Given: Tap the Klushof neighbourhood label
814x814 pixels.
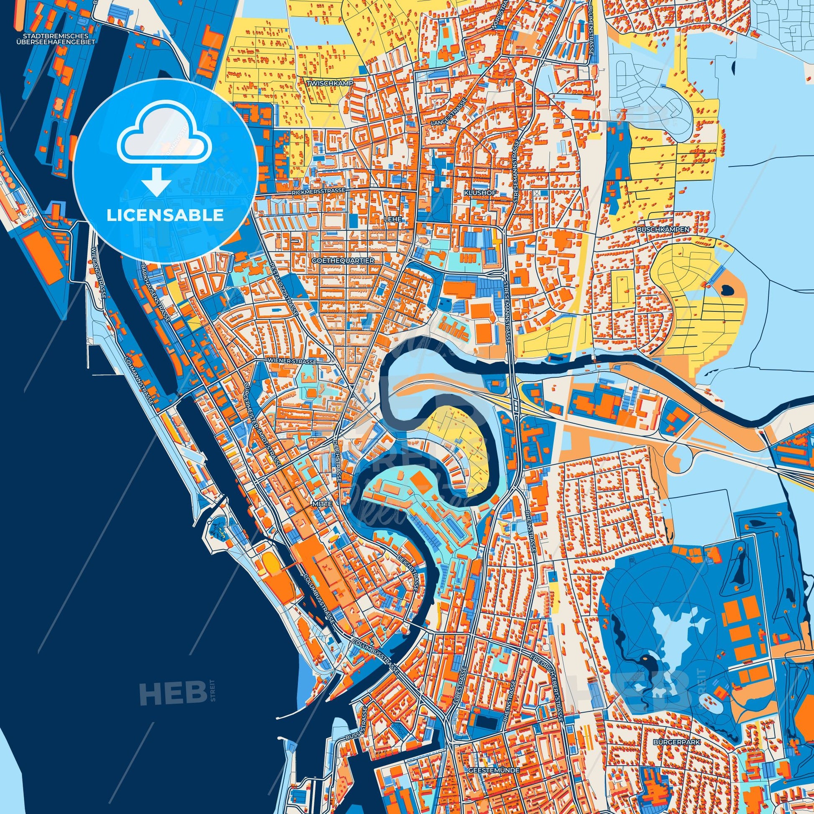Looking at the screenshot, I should (x=480, y=192).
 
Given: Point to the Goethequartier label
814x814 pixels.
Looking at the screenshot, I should (x=343, y=261).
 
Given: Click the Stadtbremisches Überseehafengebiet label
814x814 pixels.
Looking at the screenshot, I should (x=56, y=39).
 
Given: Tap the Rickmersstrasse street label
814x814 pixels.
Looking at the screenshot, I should (x=318, y=191).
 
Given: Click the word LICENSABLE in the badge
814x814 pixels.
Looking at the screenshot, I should (x=165, y=215).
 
